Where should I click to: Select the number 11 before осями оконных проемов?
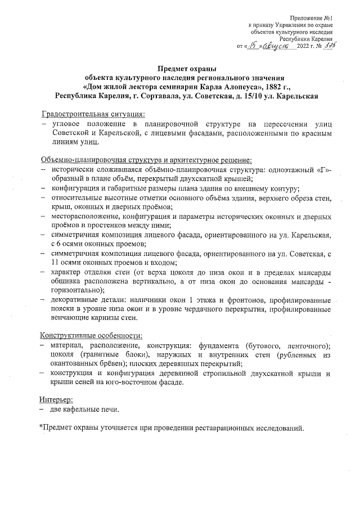[x=55, y=263]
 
